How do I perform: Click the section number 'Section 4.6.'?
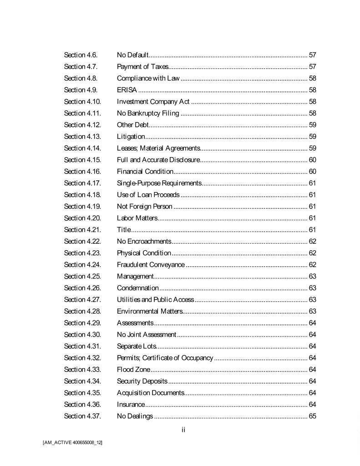click(81, 55)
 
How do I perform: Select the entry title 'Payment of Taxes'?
click(142, 67)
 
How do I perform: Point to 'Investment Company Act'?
click(153, 101)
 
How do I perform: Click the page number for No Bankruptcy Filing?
click(312, 113)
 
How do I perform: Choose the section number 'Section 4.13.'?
click(82, 137)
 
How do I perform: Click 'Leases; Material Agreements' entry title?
click(158, 148)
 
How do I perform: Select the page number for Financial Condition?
click(312, 172)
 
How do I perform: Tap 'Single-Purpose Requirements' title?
click(159, 183)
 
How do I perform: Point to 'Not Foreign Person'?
click(145, 207)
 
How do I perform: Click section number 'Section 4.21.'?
click(82, 230)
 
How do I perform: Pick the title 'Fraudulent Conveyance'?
click(151, 265)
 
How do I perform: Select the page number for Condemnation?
click(312, 288)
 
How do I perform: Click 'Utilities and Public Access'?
click(155, 299)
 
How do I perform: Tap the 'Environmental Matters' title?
click(150, 311)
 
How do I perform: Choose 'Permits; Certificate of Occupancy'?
click(165, 358)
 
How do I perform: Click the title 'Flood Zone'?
click(133, 370)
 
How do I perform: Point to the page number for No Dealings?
click(312, 416)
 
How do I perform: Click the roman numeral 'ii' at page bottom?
click(183, 430)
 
